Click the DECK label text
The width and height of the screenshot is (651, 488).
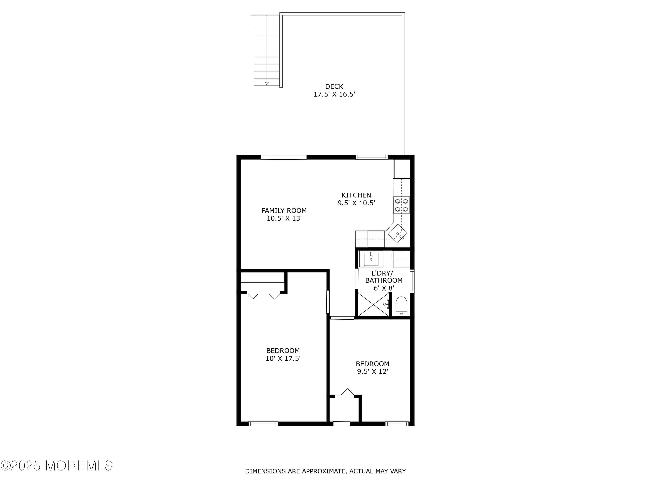(334, 87)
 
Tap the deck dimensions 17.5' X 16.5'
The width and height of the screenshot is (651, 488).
(334, 94)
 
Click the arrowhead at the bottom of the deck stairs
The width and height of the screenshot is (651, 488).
(267, 84)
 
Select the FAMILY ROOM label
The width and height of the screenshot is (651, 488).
(284, 211)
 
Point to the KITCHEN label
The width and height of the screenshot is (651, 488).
(356, 195)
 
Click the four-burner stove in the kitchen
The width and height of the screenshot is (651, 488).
(401, 205)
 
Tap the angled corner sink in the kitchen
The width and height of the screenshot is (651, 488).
(398, 233)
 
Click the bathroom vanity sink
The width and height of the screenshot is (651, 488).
(371, 259)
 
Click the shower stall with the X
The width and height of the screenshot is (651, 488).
(373, 305)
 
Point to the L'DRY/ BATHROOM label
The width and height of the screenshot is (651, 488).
(384, 277)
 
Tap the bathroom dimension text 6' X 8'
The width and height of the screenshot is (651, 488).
(384, 288)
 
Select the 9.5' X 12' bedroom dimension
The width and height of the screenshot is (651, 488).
(373, 371)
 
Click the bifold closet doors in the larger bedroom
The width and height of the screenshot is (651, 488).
(263, 295)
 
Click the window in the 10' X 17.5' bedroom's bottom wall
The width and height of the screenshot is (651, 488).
(263, 424)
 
